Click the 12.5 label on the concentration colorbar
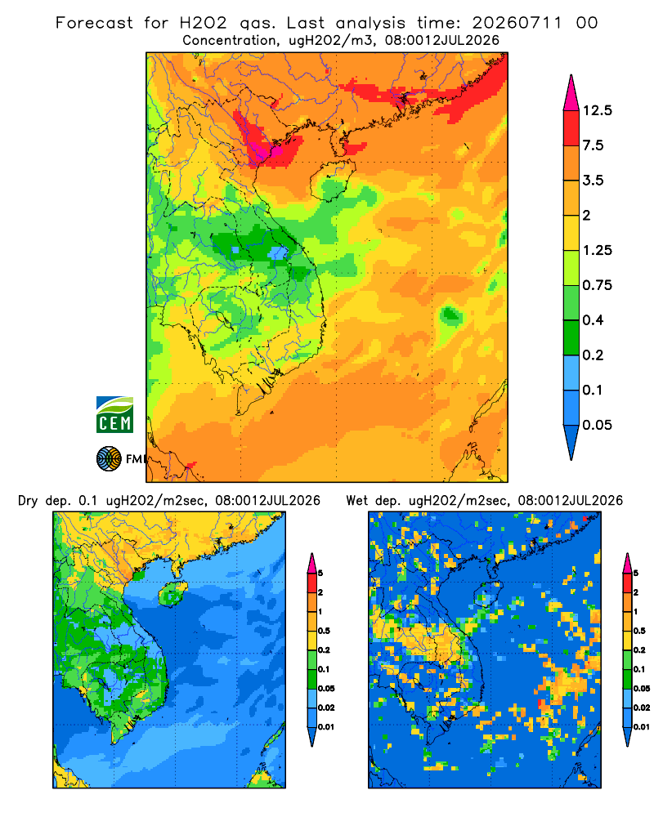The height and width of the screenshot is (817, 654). [597, 110]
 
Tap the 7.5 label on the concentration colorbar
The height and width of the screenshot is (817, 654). [593, 145]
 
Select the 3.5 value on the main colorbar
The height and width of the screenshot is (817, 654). [593, 181]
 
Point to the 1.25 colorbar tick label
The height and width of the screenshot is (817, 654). [597, 250]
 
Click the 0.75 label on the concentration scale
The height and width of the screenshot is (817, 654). [597, 285]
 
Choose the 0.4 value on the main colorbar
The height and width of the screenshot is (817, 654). [593, 320]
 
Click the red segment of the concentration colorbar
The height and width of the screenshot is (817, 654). [571, 128]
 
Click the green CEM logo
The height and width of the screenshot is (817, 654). [114, 415]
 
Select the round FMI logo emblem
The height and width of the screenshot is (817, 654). [109, 459]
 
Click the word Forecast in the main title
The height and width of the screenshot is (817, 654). [94, 23]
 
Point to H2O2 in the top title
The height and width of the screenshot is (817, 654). [204, 23]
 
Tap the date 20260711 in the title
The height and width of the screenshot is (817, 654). [517, 23]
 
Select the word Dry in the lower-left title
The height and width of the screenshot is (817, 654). [28, 501]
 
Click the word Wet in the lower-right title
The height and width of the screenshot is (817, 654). [356, 501]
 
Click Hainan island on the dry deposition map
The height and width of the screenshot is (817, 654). [173, 593]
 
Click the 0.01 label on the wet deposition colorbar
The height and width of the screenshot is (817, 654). [642, 727]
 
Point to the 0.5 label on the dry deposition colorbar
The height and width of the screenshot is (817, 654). [324, 631]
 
